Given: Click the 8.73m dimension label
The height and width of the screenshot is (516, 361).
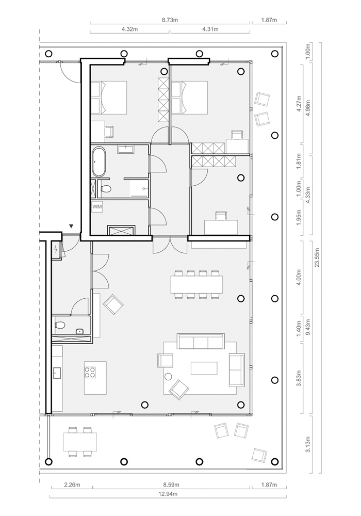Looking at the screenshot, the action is [170, 20].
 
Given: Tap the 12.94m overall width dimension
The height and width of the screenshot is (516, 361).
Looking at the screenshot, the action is [168, 494].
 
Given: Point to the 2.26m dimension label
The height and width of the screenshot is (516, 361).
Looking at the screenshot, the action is [72, 485].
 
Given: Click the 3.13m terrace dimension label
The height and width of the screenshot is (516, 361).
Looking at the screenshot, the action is [308, 444].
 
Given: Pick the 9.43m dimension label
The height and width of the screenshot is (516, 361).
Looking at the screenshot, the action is [308, 327].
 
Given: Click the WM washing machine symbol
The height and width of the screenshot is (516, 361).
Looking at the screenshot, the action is [97, 207].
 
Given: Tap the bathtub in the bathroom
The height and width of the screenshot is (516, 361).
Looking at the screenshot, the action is [99, 162].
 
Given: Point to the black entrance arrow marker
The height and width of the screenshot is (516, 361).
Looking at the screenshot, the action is [71, 226].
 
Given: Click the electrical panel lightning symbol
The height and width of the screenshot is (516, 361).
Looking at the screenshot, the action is [56, 250].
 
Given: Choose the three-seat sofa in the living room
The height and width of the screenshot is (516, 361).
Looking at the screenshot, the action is [201, 341].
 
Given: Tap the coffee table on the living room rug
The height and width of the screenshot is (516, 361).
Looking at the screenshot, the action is [204, 368].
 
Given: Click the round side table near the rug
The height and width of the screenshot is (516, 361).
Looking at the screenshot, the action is [169, 377].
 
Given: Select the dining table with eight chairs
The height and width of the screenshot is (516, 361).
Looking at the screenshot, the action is [196, 284].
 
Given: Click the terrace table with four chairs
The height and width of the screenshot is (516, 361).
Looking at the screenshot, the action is [80, 442].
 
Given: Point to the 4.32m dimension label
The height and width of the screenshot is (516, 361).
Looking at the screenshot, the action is [129, 29].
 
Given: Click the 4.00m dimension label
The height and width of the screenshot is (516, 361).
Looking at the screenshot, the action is [299, 278].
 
